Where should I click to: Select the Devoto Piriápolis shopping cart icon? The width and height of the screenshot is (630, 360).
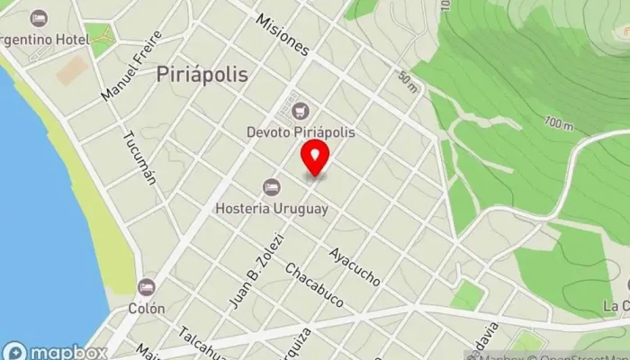pyautogui.click(x=301, y=112)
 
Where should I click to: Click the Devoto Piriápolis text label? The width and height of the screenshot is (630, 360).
pyautogui.click(x=301, y=131)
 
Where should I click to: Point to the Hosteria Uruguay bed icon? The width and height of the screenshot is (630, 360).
pyautogui.click(x=271, y=187)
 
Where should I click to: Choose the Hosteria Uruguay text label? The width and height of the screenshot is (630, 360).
pyautogui.click(x=271, y=208)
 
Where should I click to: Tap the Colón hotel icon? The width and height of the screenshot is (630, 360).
pyautogui.click(x=146, y=287)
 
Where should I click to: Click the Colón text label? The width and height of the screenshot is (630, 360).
pyautogui.click(x=146, y=308)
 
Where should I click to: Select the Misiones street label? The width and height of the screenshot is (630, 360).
pyautogui.click(x=282, y=33)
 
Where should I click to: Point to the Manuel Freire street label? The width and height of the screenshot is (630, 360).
pyautogui.click(x=131, y=65)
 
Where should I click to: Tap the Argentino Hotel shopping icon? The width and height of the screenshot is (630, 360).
pyautogui.click(x=39, y=18)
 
